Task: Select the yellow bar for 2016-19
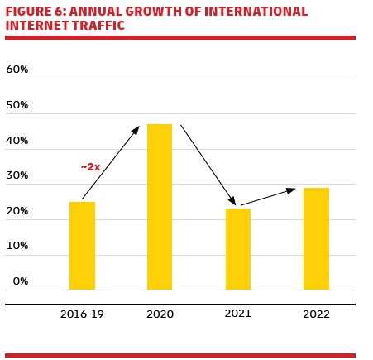click(x=82, y=246)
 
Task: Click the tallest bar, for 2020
click(x=160, y=207)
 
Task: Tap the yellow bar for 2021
click(x=238, y=249)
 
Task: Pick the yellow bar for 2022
click(x=316, y=238)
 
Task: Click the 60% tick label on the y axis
click(x=17, y=70)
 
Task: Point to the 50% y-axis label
click(x=17, y=105)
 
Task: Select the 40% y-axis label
click(x=17, y=141)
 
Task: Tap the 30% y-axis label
click(x=17, y=175)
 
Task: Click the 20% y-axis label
click(x=17, y=211)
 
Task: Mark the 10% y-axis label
click(x=17, y=246)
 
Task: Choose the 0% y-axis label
click(x=20, y=281)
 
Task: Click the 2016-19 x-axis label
click(x=82, y=314)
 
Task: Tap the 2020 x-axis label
click(x=160, y=314)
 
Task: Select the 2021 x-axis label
click(x=238, y=314)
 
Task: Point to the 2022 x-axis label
click(x=316, y=314)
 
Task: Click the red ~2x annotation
click(x=90, y=167)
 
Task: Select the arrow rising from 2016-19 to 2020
click(x=111, y=162)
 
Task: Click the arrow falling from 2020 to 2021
click(x=208, y=165)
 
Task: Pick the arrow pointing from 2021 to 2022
click(x=268, y=197)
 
